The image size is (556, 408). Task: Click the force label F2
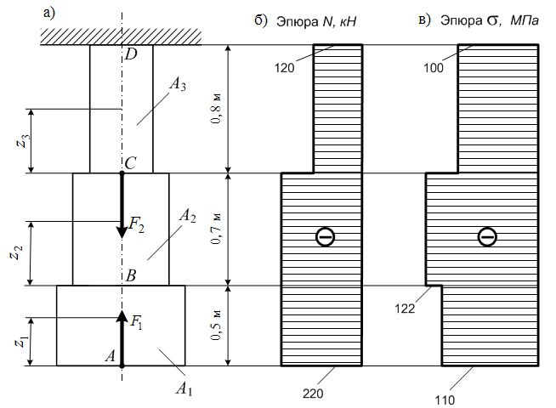tap(137, 224)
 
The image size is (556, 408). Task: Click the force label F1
tap(137, 322)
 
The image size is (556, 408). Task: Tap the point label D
tap(131, 54)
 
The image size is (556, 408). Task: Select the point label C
tap(130, 163)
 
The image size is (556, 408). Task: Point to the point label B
tap(131, 275)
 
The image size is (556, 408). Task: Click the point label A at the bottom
tap(111, 355)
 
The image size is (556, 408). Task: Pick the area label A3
tap(178, 85)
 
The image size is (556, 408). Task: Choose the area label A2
tap(188, 216)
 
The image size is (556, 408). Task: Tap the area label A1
tap(184, 389)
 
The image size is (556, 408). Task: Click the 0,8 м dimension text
tap(216, 109)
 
